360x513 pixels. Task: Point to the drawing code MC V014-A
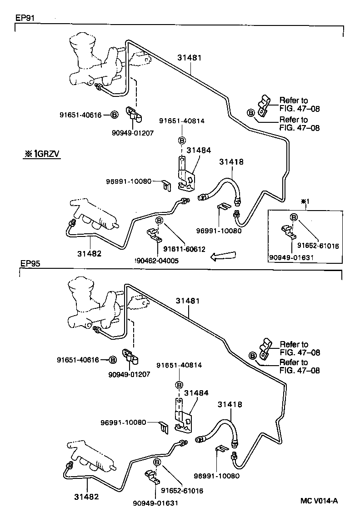click(319, 501)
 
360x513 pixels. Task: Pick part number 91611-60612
click(185, 249)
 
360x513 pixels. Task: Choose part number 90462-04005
click(157, 261)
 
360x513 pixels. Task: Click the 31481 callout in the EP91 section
click(189, 58)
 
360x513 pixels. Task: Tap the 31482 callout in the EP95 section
click(86, 497)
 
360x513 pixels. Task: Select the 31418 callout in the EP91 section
click(231, 161)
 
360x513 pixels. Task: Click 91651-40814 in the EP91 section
click(181, 121)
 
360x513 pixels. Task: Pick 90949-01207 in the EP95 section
click(129, 374)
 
